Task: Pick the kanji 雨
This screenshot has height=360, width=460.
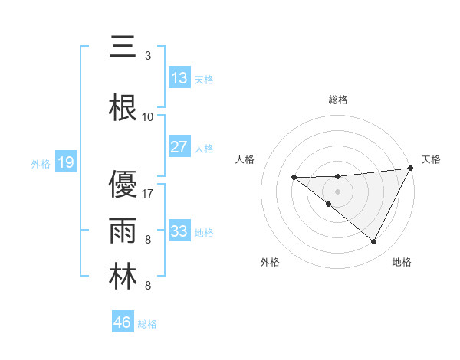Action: (123, 231)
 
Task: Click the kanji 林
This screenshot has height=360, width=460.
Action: (123, 277)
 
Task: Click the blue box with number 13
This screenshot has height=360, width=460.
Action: (179, 78)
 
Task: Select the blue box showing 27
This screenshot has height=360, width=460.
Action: (179, 147)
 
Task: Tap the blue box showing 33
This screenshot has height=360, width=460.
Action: (179, 231)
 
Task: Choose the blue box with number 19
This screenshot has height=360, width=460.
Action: (65, 162)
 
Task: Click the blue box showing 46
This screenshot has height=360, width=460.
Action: (123, 322)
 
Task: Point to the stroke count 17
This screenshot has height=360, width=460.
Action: (148, 193)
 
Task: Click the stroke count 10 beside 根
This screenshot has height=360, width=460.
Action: (148, 116)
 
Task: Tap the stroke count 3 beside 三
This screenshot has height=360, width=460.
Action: (148, 55)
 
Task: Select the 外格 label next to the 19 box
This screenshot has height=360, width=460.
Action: (40, 163)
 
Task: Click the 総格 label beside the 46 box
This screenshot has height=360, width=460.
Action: (147, 324)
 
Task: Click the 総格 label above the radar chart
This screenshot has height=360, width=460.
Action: (337, 100)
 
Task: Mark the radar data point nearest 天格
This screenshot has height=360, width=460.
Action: (412, 169)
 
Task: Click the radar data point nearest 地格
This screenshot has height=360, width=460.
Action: (373, 242)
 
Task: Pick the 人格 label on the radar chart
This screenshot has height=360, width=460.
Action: (245, 159)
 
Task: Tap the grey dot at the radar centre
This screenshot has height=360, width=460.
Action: (337, 190)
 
